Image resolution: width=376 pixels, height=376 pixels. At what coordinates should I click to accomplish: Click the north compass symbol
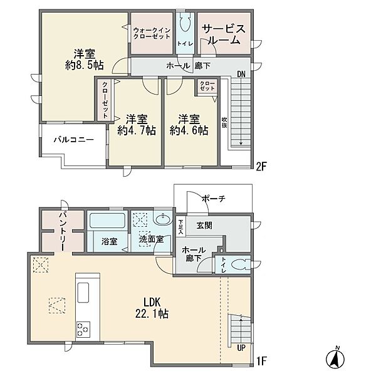pos(335,357)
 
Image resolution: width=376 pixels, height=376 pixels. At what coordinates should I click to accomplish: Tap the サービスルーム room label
pos(224,34)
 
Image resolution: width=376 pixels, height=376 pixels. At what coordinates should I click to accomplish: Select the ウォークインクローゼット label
pos(152,34)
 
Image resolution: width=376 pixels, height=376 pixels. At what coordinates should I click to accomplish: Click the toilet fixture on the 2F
pos(185,22)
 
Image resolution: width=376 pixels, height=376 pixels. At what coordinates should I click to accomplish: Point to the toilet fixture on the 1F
pos(241,265)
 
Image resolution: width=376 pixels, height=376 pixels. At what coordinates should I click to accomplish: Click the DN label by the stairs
pos(241,74)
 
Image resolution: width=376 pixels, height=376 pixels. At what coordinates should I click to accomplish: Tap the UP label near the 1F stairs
pos(241,348)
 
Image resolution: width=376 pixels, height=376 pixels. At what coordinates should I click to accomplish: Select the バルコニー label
pos(73,140)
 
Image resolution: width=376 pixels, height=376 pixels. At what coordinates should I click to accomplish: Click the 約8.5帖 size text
pos(85,65)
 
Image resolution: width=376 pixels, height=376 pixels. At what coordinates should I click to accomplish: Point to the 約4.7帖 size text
pos(137,131)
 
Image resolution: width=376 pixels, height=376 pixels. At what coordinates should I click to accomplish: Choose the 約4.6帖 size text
pos(189,131)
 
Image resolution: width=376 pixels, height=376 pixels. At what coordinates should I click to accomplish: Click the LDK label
pos(152,302)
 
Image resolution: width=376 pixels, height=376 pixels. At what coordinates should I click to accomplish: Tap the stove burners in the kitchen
pos(83,329)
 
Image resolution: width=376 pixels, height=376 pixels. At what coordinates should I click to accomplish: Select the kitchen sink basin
pos(83,293)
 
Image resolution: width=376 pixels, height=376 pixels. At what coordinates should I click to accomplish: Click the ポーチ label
pos(214,199)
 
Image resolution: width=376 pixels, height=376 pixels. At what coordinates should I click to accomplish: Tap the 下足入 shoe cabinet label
pos(180,227)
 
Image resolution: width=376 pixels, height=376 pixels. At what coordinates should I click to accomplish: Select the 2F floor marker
pos(261,167)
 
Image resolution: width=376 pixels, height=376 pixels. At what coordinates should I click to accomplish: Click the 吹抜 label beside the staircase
pos(224,123)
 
